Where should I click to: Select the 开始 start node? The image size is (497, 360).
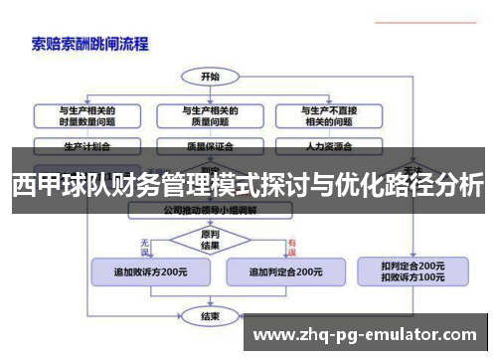pyautogui.click(x=210, y=76)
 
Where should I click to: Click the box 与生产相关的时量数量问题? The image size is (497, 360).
pyautogui.click(x=87, y=114)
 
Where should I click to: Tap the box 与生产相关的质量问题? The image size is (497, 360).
pyautogui.click(x=210, y=114)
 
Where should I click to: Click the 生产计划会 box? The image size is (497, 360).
pyautogui.click(x=87, y=146)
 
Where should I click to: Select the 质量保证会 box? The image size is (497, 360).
pyautogui.click(x=210, y=146)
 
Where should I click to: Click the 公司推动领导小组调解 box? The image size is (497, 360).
pyautogui.click(x=210, y=211)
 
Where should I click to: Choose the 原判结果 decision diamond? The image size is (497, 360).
pyautogui.click(x=210, y=239)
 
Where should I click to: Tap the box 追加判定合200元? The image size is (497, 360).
pyautogui.click(x=284, y=270)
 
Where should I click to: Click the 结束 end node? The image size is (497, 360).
pyautogui.click(x=210, y=316)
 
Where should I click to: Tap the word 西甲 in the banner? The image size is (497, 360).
pyautogui.click(x=33, y=185)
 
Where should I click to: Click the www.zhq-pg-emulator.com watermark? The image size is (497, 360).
pyautogui.click(x=367, y=334)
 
